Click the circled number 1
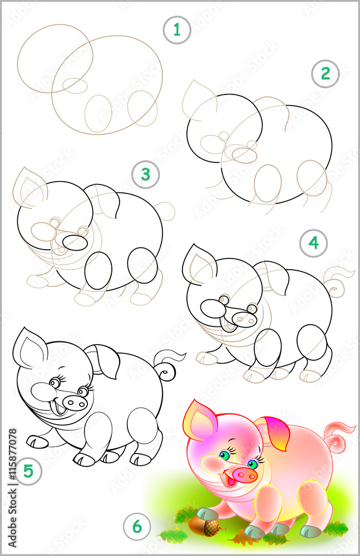click(177, 29)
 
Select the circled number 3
click(145, 175)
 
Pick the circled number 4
click(313, 243)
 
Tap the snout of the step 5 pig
click(74, 402)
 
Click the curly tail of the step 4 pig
click(338, 281)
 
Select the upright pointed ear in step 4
click(199, 264)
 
